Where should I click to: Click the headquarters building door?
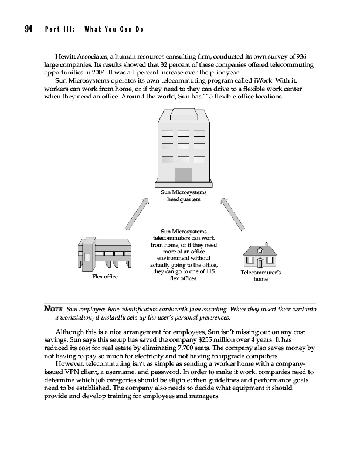(x=183, y=175)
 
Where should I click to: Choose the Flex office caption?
(x=105, y=277)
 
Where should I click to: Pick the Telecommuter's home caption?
(x=261, y=276)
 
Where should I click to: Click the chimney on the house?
(x=266, y=242)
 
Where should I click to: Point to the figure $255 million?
(x=218, y=341)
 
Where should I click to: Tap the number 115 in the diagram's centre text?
(x=210, y=272)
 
